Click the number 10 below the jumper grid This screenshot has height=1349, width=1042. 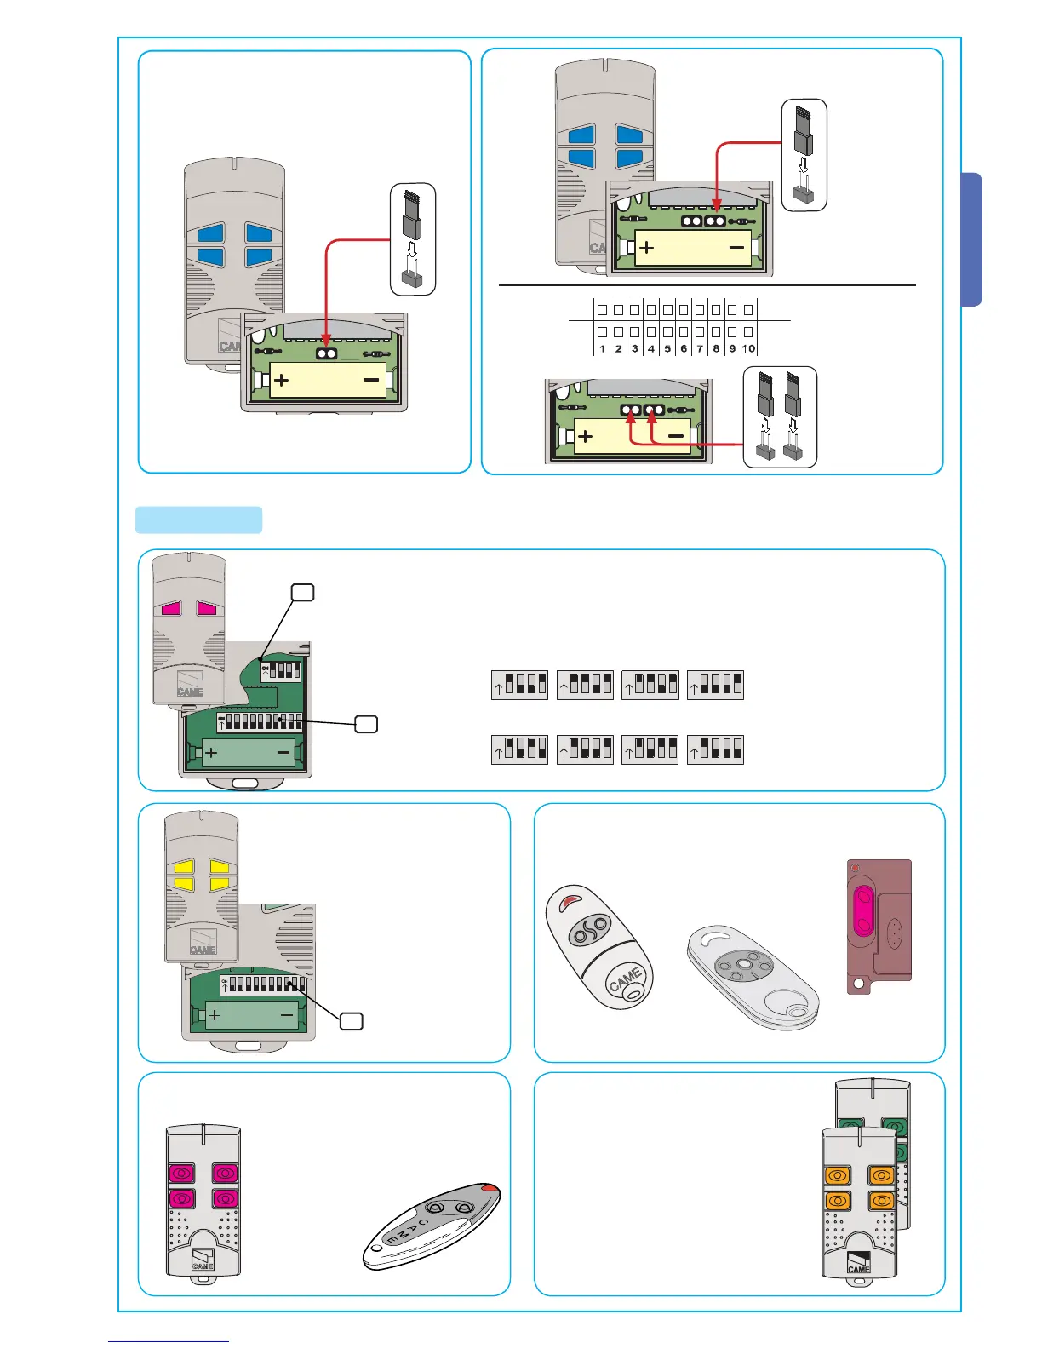click(748, 348)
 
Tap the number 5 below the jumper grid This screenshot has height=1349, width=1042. click(667, 348)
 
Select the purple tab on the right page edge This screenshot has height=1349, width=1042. click(971, 239)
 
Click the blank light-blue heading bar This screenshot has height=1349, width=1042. click(198, 520)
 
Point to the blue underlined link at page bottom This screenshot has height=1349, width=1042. click(169, 1341)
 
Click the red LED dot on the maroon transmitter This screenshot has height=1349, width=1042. click(856, 869)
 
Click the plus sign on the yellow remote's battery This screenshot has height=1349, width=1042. click(215, 1014)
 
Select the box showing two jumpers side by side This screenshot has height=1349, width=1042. click(780, 416)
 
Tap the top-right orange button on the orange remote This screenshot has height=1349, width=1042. click(881, 1176)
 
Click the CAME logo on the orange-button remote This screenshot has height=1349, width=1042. click(859, 1264)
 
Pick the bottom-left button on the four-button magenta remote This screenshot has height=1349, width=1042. click(182, 1198)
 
